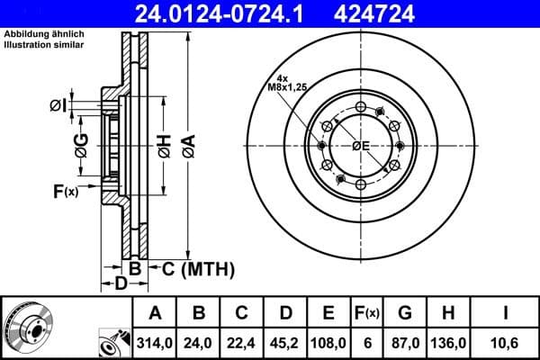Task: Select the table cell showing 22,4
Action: point(242,343)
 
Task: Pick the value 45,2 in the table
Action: point(285,343)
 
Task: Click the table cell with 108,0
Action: point(329,343)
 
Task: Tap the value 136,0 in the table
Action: point(447,343)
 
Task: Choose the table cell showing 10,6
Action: point(507,343)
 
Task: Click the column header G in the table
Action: point(405,313)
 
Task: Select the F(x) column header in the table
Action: point(367,313)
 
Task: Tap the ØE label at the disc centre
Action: point(361,147)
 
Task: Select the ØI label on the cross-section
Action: point(58,106)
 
